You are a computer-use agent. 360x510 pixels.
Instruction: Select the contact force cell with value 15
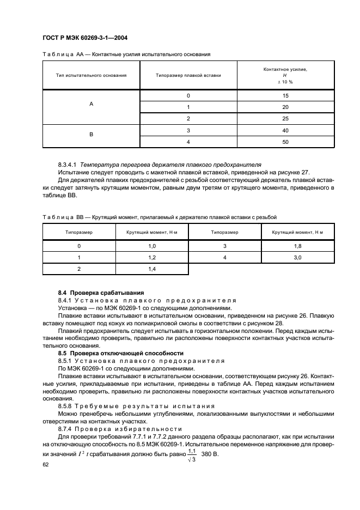coord(285,96)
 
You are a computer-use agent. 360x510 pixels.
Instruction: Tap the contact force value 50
coord(285,142)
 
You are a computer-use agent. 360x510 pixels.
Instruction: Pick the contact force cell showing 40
coord(285,131)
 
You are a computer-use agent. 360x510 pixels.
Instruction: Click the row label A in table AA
coord(91,107)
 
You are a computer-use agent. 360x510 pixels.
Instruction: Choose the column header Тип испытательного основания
coord(91,75)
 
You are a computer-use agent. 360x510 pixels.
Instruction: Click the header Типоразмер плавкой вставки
coord(188,75)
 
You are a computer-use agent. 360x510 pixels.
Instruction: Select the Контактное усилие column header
coord(285,75)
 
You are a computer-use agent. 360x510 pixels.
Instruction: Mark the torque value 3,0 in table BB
coord(297,257)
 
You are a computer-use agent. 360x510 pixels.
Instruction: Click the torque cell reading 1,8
coord(297,246)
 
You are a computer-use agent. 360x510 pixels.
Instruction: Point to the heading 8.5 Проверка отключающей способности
coord(117,354)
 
